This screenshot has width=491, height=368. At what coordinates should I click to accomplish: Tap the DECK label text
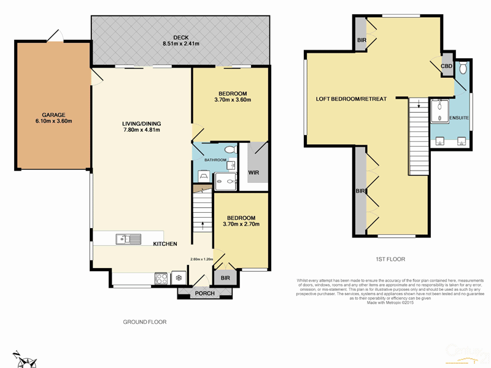[x=180, y=37]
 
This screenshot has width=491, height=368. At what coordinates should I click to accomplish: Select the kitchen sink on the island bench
[x=130, y=239]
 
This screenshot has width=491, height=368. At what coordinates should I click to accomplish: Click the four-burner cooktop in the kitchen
[x=161, y=278]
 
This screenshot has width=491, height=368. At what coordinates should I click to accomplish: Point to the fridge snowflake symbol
[x=179, y=278]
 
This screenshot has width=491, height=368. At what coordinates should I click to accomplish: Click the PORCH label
[x=204, y=293]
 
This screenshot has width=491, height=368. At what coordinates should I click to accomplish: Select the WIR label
[x=253, y=172]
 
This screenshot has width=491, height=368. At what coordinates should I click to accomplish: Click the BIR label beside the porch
[x=225, y=278]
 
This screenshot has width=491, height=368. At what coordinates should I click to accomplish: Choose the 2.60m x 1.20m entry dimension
[x=201, y=258]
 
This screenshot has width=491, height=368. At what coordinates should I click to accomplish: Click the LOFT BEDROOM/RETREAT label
[x=351, y=99]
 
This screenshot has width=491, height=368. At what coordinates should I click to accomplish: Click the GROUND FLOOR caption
[x=145, y=321]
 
